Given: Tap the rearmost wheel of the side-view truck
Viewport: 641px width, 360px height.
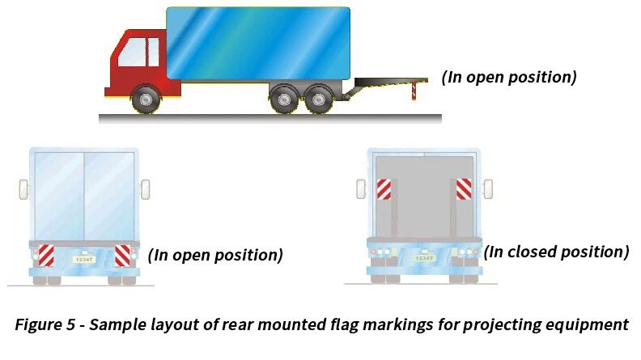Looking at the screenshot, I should [x=316, y=100].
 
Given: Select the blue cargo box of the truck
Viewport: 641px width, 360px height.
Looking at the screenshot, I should [x=258, y=42].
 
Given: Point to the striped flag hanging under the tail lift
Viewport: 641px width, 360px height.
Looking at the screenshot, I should [x=414, y=91].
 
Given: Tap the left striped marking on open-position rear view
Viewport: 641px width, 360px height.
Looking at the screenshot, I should [x=47, y=255].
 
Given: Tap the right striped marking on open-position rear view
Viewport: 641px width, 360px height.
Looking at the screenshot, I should [x=121, y=255].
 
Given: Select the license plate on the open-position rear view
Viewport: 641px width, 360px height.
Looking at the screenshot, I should [x=84, y=259].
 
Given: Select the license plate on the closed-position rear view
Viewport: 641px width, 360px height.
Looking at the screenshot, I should [x=423, y=258].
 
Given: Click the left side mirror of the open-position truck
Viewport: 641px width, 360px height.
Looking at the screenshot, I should [x=23, y=189].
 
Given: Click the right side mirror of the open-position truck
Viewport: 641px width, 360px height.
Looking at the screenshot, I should [x=146, y=189].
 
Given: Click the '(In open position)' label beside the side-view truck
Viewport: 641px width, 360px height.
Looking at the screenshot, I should [x=508, y=78].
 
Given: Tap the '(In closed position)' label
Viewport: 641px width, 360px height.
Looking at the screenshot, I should [x=556, y=252].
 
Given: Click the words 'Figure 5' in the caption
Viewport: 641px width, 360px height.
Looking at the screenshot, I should [x=48, y=325].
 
